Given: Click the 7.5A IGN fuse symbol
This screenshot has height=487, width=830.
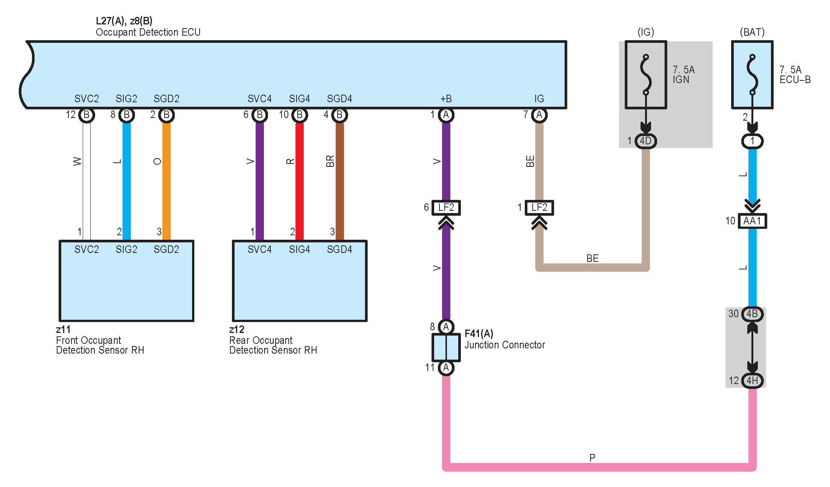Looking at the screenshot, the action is [646, 75].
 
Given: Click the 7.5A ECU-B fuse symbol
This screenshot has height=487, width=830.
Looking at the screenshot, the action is [752, 75].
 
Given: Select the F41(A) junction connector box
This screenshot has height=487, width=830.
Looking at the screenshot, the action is [446, 347].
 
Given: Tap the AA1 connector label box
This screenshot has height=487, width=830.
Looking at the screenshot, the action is [752, 221].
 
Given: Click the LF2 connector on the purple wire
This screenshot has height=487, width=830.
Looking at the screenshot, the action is [446, 207].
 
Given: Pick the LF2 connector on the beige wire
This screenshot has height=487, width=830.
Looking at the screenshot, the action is [539, 207].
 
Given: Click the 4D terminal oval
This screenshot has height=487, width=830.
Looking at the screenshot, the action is [646, 141].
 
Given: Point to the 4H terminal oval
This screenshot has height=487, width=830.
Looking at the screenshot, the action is [752, 381].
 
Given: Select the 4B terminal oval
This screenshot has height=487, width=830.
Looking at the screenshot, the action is [752, 314].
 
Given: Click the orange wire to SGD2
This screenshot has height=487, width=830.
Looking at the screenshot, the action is [167, 181].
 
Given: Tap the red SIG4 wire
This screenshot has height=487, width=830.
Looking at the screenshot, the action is [300, 181].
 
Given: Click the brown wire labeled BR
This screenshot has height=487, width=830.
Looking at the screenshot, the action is [339, 181].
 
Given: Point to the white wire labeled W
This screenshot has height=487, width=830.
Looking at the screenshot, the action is [86, 181].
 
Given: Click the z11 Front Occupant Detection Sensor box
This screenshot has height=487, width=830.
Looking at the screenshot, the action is [127, 281].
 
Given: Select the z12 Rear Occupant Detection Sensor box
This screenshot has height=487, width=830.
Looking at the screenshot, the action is [300, 281].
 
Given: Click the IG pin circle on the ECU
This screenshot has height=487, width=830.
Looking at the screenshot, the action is [539, 115].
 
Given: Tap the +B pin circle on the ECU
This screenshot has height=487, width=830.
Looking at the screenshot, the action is [446, 115].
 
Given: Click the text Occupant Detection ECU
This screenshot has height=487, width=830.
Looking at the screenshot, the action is [148, 32].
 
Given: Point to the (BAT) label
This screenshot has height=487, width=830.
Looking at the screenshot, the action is [752, 32].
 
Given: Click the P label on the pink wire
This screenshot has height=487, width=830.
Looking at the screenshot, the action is [592, 458].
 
